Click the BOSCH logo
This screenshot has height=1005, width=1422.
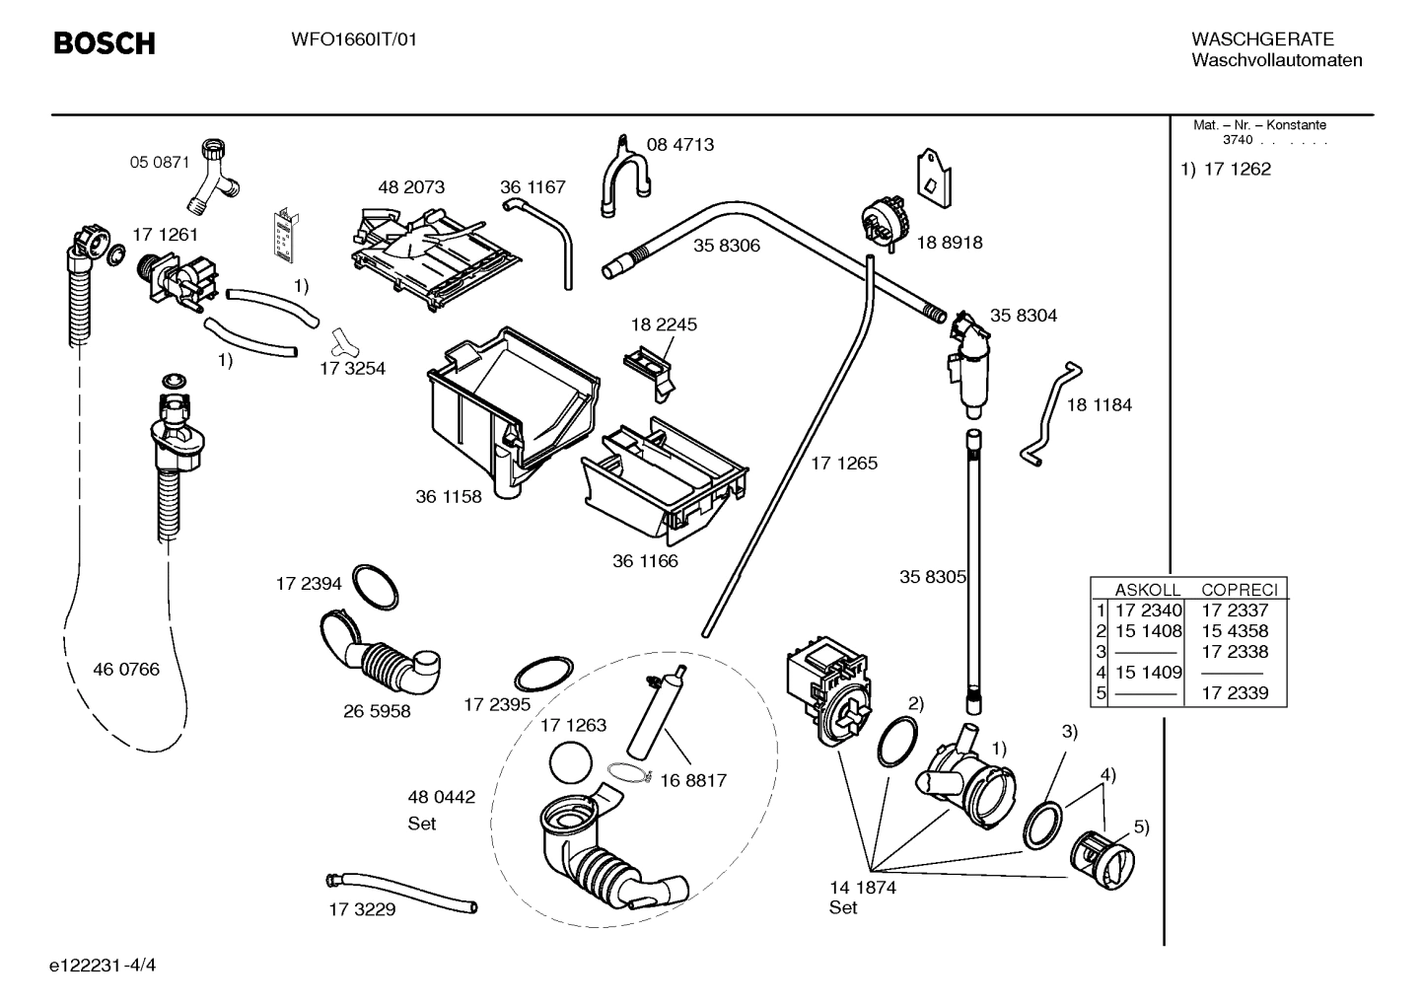[x=104, y=43]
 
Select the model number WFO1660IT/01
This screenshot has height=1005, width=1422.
[x=353, y=40]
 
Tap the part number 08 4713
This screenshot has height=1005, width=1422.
[x=680, y=145]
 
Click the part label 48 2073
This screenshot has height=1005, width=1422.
[x=411, y=187]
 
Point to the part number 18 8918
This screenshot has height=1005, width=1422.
[x=949, y=243]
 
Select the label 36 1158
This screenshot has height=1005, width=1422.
[x=449, y=497]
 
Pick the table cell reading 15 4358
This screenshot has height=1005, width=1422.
[x=1235, y=631]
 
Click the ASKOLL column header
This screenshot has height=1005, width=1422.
[x=1147, y=590]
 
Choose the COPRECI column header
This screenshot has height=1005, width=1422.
[x=1239, y=590]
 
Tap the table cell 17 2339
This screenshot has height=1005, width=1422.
[x=1235, y=693]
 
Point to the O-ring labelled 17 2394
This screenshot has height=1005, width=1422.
[x=376, y=588]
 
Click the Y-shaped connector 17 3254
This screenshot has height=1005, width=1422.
[x=346, y=342]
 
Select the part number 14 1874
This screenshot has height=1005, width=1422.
[x=862, y=888]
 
